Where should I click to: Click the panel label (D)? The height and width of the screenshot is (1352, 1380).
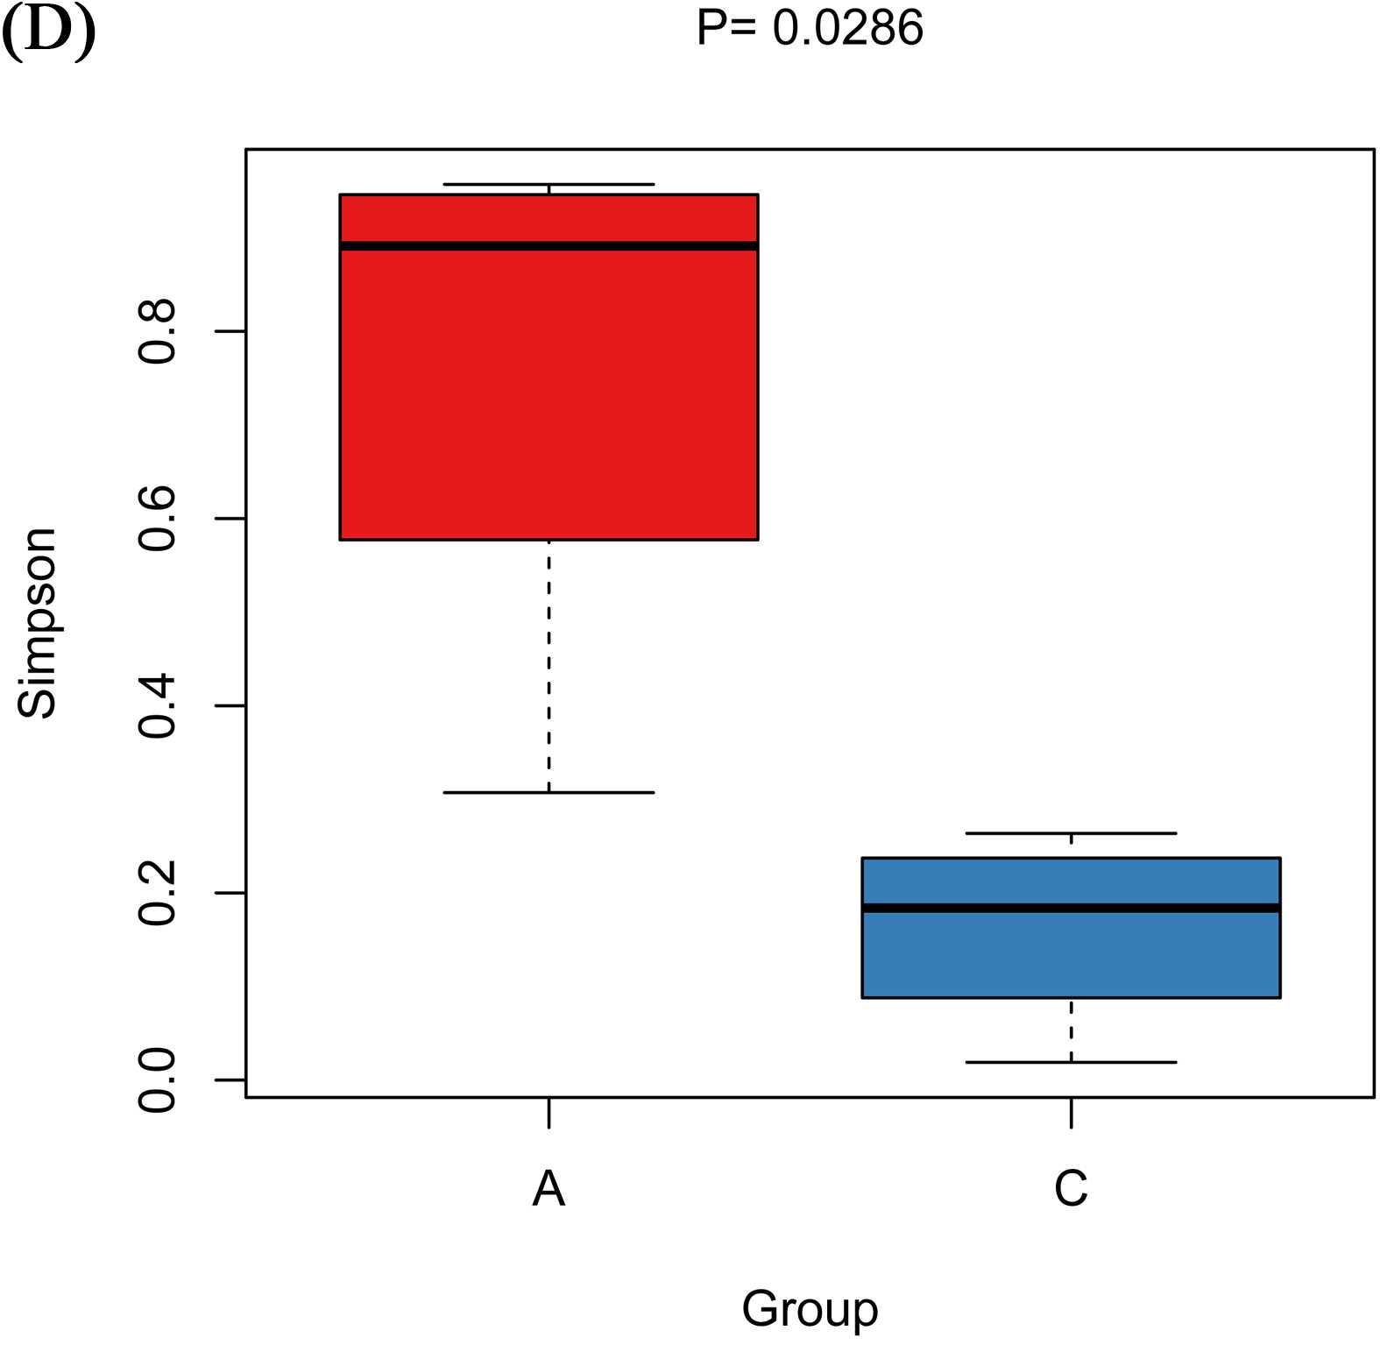pos(48,32)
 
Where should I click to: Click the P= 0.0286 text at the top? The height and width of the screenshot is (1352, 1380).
pos(810,28)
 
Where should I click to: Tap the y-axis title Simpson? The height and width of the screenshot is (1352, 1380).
pos(37,623)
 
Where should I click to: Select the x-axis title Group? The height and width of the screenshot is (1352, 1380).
pos(810,1309)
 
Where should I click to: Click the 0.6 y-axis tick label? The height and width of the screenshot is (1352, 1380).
pos(158,519)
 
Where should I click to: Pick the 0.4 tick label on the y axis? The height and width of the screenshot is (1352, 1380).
pos(158,706)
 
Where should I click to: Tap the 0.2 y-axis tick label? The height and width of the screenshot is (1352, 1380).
pos(158,893)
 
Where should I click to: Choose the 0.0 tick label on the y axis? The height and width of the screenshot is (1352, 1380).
pos(158,1080)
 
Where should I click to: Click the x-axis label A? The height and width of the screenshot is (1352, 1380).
pos(548,1189)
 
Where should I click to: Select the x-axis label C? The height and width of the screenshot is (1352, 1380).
pos(1071,1189)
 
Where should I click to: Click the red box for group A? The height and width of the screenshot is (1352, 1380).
pos(548,394)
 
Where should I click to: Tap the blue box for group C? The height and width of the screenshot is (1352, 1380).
pos(1071,955)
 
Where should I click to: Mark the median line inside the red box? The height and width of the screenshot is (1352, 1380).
pos(548,246)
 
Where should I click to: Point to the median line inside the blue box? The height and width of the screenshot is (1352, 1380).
pos(1071,908)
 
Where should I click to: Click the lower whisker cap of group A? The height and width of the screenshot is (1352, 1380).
pos(548,792)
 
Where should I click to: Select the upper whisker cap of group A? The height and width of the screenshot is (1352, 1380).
pos(548,184)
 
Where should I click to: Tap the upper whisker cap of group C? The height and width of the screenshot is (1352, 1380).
pos(1071,832)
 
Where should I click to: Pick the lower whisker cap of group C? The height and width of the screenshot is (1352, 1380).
pos(1071,1062)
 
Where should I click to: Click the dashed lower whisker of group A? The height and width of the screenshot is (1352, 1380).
pos(548,666)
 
